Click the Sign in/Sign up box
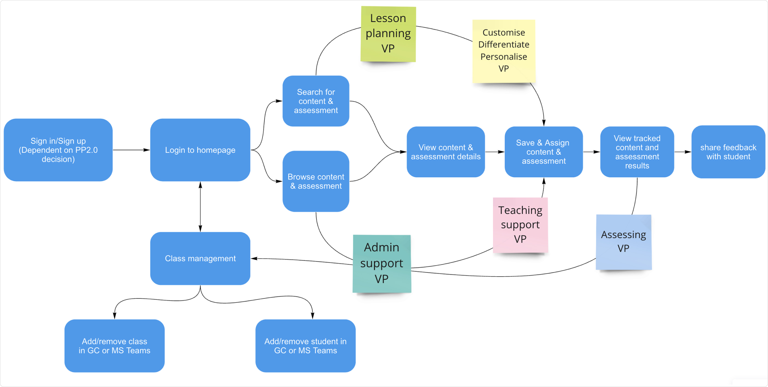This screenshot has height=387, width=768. tap(58, 150)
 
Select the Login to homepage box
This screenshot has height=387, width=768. tap(200, 150)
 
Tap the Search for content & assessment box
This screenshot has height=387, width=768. tap(316, 101)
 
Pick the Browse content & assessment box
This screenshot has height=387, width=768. tap(316, 181)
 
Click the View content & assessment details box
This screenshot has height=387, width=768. tap(446, 152)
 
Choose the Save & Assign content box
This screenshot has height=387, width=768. tap(544, 152)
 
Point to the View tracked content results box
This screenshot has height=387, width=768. tap(637, 152)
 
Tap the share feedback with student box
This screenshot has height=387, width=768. tap(728, 152)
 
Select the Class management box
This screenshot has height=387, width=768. tap(200, 259)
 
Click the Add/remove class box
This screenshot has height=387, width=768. tap(115, 346)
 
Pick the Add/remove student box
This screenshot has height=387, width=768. tap(305, 346)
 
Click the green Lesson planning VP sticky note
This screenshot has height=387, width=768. tap(388, 34)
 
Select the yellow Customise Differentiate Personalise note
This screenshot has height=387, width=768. tap(504, 51)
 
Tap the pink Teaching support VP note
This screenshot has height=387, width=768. tap(521, 225)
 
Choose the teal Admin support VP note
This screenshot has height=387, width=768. tap(382, 264)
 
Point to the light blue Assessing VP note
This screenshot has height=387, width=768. tap(624, 242)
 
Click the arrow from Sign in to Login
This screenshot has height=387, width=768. tap(132, 150)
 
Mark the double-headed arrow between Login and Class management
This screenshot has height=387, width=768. tap(200, 207)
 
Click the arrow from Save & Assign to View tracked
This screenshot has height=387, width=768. tap(592, 152)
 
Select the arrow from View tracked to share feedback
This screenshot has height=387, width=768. tap(683, 152)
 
